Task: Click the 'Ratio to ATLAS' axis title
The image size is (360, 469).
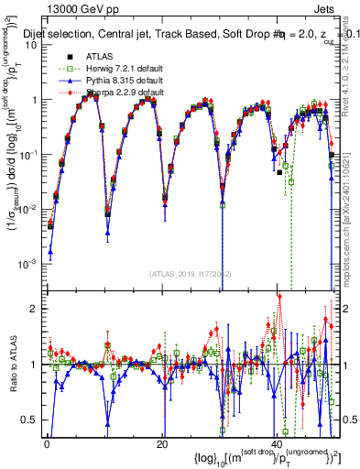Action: click(13, 364)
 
